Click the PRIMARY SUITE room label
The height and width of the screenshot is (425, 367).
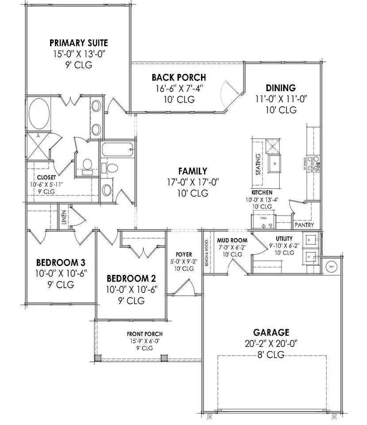point(79,43)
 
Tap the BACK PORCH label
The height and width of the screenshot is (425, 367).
point(179,77)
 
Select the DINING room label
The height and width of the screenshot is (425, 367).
point(281,88)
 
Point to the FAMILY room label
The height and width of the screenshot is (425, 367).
point(193,171)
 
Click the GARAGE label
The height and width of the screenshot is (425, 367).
point(271,332)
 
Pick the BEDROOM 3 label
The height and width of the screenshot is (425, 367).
point(61,262)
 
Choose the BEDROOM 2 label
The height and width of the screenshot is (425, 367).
point(131,278)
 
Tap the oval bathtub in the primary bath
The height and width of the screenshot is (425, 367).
point(39,114)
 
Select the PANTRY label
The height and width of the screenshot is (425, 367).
point(304,225)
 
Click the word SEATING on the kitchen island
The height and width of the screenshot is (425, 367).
point(258,165)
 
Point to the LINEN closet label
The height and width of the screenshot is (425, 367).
point(64,217)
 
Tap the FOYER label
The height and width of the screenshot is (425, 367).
point(184,255)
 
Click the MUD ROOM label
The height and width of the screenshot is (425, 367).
point(229,240)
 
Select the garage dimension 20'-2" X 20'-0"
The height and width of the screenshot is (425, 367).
point(271,343)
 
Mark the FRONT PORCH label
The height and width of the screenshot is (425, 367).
point(144,334)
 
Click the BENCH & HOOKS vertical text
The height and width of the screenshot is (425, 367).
point(207,254)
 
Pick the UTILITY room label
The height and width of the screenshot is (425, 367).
point(281,239)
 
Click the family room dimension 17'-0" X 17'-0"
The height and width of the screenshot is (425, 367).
point(193,182)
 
